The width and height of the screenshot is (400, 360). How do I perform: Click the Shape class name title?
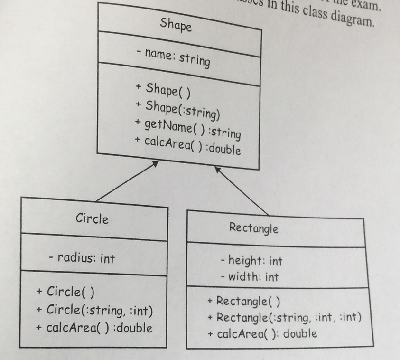click(176, 25)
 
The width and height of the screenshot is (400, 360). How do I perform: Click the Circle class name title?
click(92, 219)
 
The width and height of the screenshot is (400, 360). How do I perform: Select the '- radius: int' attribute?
click(82, 258)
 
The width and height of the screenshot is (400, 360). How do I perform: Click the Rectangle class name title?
click(253, 228)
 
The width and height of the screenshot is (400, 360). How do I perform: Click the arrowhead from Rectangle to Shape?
click(218, 169)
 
